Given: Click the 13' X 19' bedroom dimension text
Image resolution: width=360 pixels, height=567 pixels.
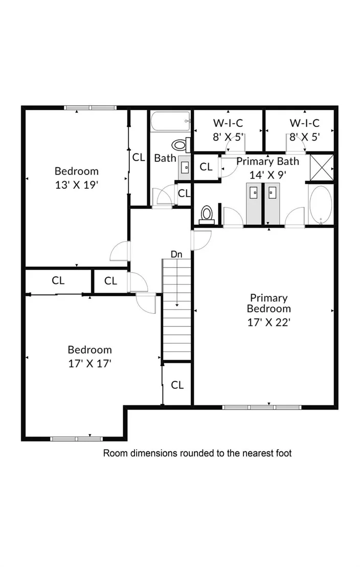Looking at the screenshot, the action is (x=77, y=185).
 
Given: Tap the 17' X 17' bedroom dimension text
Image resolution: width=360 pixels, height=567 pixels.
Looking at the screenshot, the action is (x=89, y=363).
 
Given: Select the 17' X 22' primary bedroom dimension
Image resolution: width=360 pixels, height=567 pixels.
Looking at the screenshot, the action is (x=269, y=322).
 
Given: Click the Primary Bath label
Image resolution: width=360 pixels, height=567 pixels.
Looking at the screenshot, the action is (x=268, y=161).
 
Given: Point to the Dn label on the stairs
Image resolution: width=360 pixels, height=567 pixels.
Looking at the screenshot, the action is (x=176, y=254).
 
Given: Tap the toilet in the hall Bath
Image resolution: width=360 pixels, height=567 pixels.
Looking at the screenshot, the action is (x=181, y=145).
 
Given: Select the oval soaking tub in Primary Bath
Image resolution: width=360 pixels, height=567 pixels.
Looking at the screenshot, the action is (x=320, y=205).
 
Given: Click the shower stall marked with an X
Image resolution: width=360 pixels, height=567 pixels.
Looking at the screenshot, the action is (x=322, y=167).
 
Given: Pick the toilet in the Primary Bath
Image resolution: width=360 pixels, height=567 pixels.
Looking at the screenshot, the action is (x=207, y=215).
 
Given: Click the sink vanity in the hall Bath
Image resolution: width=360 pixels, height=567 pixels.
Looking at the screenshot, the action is (x=184, y=167).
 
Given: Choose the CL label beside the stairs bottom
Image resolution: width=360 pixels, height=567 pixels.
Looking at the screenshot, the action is (x=177, y=385).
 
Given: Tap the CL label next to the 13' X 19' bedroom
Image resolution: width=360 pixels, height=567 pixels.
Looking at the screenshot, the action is (x=139, y=157).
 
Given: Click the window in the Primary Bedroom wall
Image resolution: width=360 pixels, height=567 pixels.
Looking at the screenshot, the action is (x=262, y=407).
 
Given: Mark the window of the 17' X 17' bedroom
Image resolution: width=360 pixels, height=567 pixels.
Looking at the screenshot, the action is (x=76, y=439).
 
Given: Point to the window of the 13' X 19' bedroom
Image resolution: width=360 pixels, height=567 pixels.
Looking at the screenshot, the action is (x=91, y=107).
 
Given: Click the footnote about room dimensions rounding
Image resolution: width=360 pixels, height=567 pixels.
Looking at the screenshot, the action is (x=197, y=453).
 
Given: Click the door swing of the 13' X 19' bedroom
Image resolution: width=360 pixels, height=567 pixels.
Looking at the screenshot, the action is (x=119, y=251).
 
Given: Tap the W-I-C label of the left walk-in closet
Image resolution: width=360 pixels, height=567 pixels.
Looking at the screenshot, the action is (x=228, y=123).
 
